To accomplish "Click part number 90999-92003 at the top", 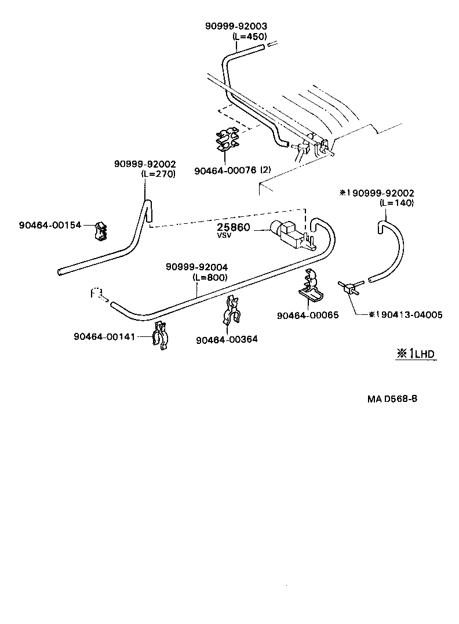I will (x=236, y=27).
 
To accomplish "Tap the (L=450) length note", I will (x=250, y=36).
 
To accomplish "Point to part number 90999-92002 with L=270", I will (x=144, y=165).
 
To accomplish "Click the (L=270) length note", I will (x=158, y=173).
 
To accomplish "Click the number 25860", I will (x=234, y=227).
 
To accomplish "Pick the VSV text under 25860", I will (x=224, y=236).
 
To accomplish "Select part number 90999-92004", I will (x=197, y=267).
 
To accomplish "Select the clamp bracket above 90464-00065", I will (x=311, y=286).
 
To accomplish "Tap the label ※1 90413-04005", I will (x=406, y=315).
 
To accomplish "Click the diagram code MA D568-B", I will (x=392, y=400).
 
